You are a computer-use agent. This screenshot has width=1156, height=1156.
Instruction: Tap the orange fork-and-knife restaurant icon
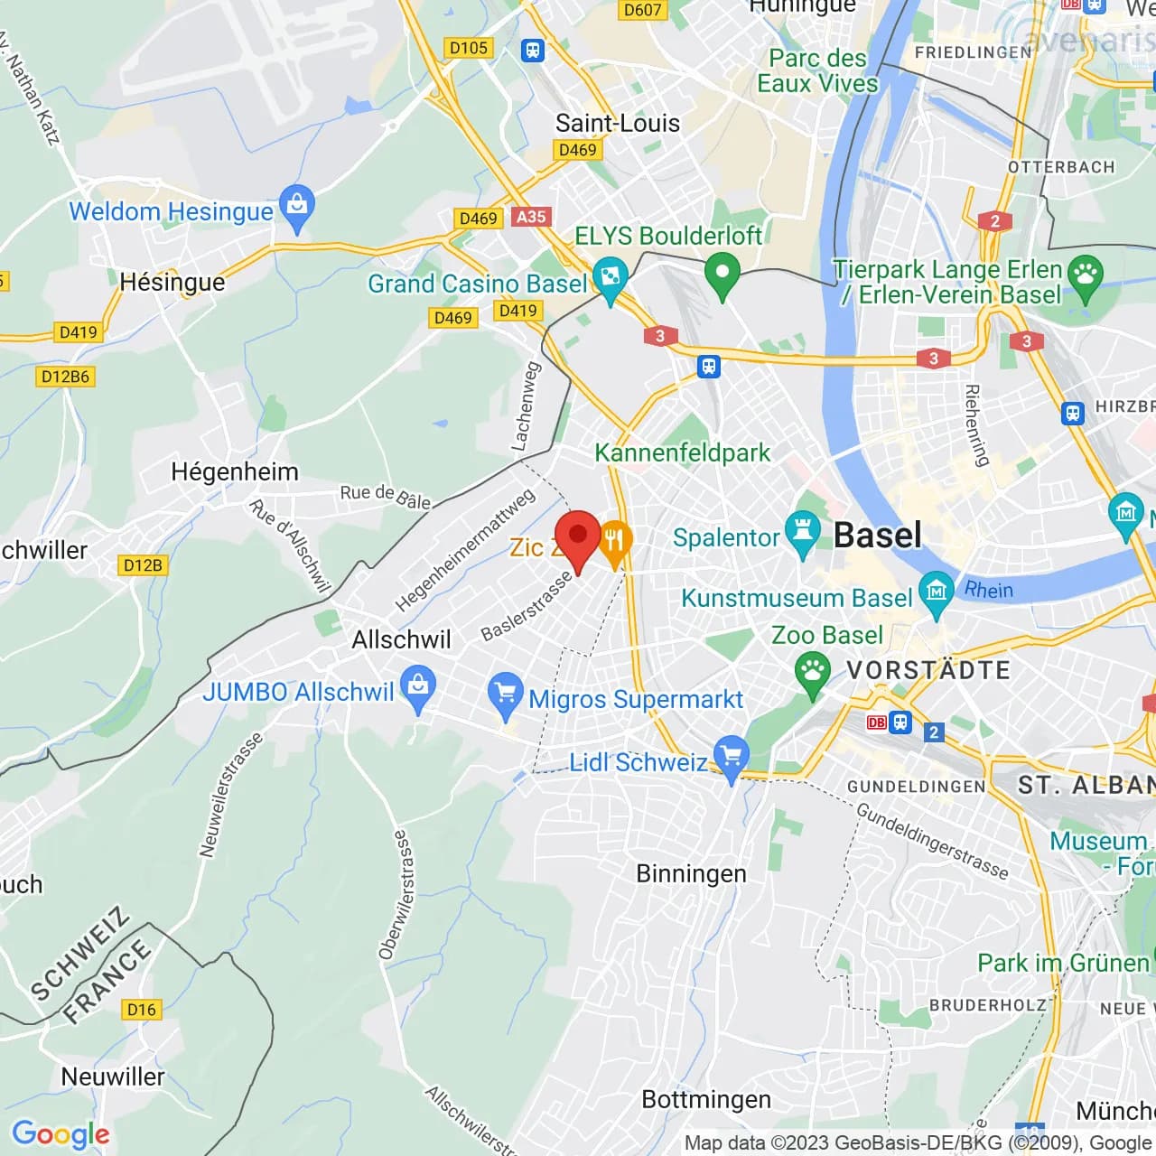pos(614,543)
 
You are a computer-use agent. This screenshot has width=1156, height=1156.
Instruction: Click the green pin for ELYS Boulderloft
pos(722,274)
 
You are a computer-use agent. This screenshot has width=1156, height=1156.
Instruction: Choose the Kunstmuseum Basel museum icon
pos(936,593)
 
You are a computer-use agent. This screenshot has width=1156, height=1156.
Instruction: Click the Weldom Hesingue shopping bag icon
pos(296,207)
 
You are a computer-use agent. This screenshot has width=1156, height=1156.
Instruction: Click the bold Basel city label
pos(877,536)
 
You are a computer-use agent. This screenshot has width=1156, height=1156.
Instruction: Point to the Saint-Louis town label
pos(618,123)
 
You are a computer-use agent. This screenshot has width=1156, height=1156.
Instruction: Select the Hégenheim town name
pos(235,471)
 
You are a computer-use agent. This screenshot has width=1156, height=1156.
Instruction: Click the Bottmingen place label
pos(706,1099)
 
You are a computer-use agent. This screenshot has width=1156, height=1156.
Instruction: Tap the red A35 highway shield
pos(531,217)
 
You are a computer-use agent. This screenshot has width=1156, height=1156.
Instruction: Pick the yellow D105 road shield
pos(469,48)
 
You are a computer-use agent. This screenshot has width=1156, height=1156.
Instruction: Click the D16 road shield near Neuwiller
pos(142,1010)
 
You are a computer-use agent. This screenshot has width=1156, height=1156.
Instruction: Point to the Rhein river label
pos(989,590)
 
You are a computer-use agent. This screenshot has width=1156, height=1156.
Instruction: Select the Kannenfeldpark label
pos(683,452)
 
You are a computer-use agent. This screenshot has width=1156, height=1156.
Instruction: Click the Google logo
pos(61,1134)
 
